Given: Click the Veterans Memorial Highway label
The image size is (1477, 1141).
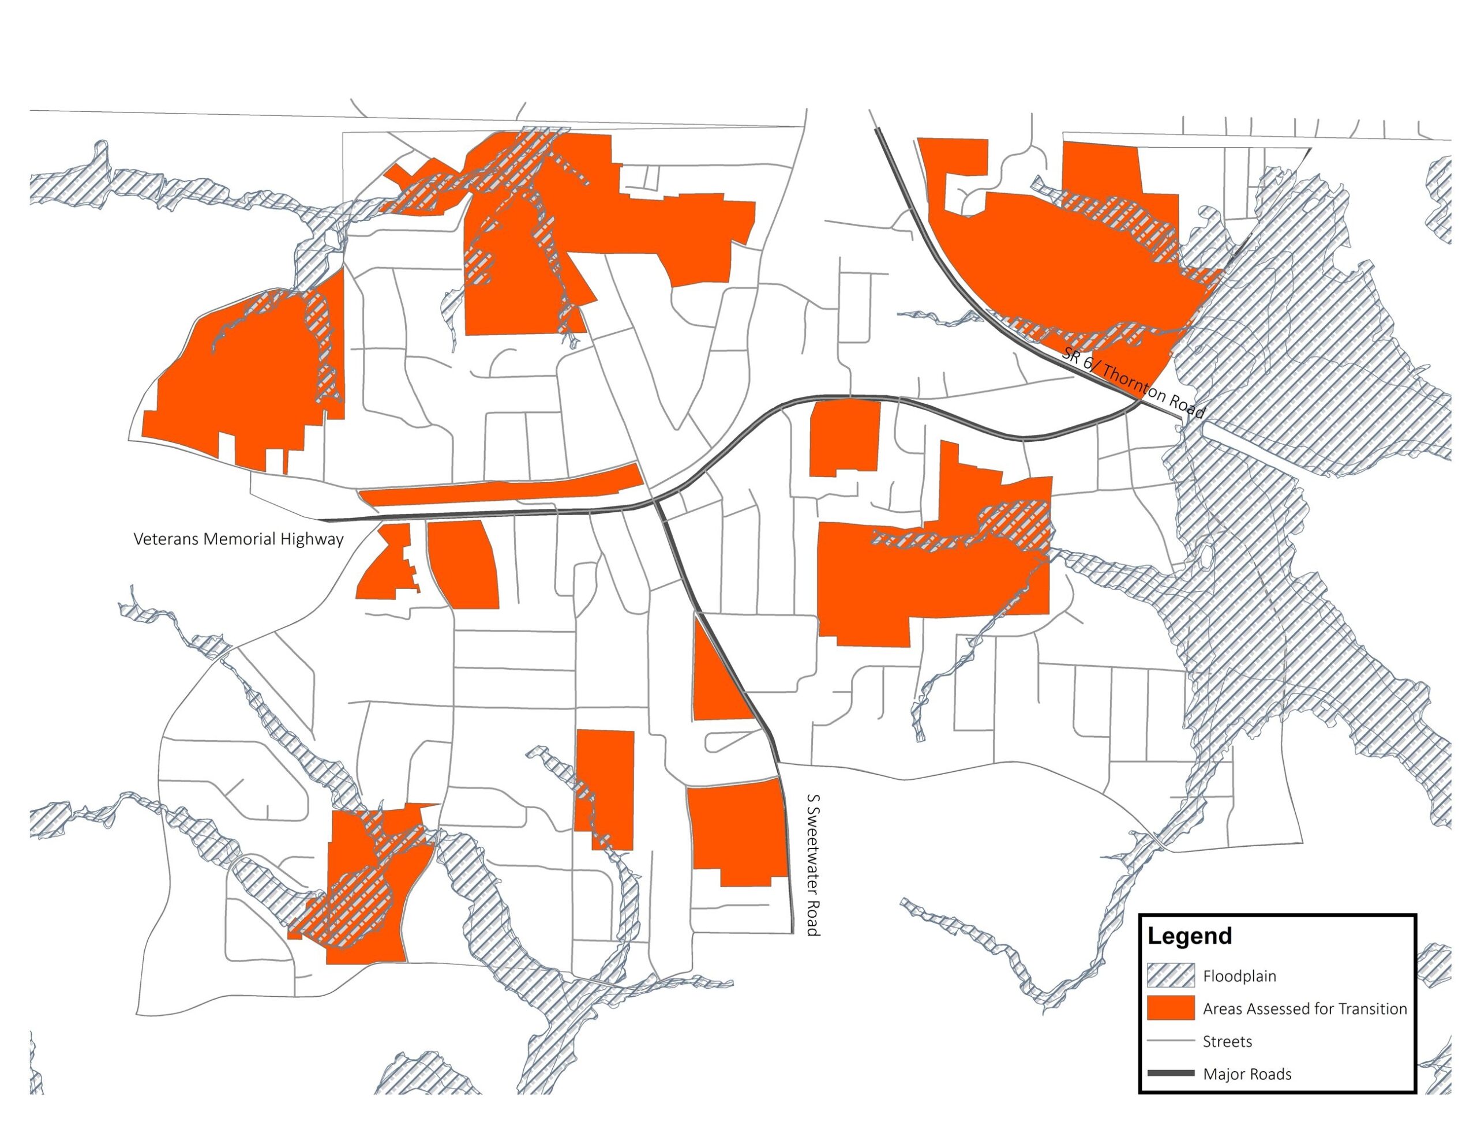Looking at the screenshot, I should pyautogui.click(x=238, y=539).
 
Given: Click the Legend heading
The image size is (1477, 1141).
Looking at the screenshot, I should pyautogui.click(x=1190, y=936).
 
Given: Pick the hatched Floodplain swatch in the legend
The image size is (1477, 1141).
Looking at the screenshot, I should pyautogui.click(x=1171, y=976).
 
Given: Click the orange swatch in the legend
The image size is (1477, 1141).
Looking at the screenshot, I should pyautogui.click(x=1171, y=1008).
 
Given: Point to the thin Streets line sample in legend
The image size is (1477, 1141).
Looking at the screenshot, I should pyautogui.click(x=1171, y=1042).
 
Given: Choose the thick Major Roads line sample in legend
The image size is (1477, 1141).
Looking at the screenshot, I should pyautogui.click(x=1171, y=1074).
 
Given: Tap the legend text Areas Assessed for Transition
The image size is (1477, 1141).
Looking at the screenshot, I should pyautogui.click(x=1304, y=1009).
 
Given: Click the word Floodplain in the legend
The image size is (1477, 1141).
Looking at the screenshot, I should pyautogui.click(x=1239, y=977).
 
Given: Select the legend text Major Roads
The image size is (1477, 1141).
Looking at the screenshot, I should pyautogui.click(x=1246, y=1075).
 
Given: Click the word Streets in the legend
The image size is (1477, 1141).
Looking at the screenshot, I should pyautogui.click(x=1227, y=1042).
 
